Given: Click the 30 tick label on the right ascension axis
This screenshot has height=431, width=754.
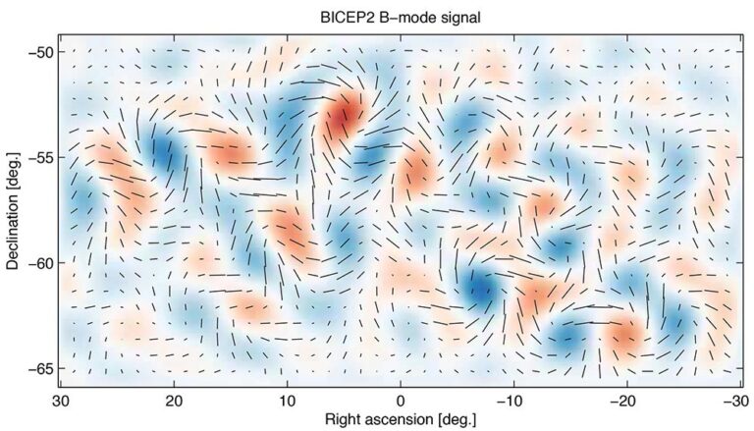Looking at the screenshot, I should click(x=61, y=400).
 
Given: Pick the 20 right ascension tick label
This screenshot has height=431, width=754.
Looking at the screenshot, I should click(x=175, y=400).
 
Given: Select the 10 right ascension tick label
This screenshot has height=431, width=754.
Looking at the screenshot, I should click(x=288, y=400).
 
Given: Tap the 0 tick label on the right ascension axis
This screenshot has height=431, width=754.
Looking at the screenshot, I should click(x=401, y=400).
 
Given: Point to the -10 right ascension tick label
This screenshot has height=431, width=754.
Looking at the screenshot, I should click(x=511, y=400).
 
